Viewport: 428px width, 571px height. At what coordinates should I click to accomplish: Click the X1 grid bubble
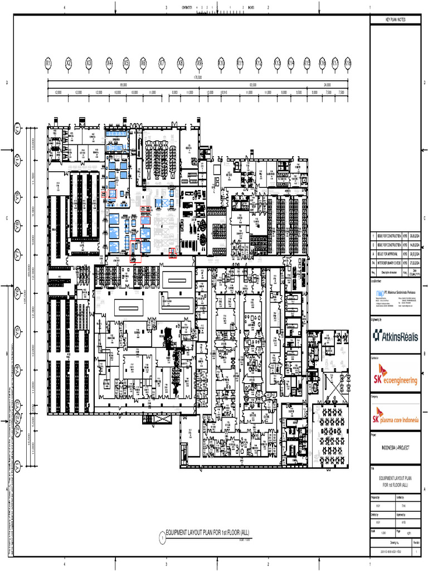[48, 64]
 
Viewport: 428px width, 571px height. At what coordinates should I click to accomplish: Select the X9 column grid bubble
[199, 64]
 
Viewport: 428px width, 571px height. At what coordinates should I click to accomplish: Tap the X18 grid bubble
[348, 64]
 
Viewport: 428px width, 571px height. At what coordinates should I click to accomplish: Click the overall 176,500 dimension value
[198, 78]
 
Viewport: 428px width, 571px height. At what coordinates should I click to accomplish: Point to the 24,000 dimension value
[328, 85]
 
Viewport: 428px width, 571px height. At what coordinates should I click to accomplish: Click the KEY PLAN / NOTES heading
[396, 20]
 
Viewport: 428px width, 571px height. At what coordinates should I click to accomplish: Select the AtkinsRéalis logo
[396, 335]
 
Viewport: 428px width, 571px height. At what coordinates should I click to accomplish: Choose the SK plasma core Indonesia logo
[396, 416]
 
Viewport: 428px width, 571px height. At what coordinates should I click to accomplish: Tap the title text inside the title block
[396, 482]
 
